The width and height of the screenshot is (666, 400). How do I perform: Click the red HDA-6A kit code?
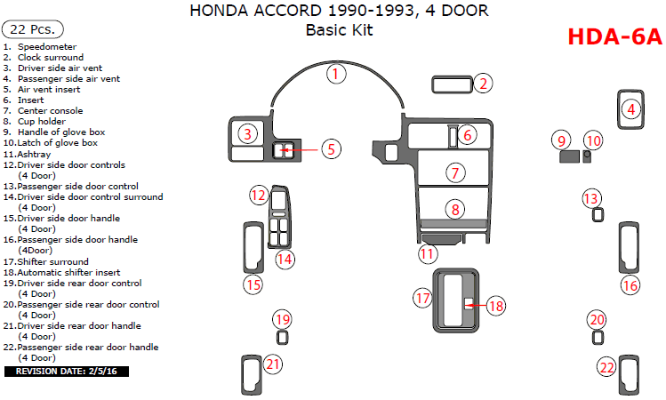(x=614, y=36)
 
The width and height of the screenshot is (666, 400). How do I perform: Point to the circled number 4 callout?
(x=631, y=109)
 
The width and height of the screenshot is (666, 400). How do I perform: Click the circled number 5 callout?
(x=331, y=148)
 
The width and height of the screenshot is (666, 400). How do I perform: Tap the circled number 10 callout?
(x=593, y=140)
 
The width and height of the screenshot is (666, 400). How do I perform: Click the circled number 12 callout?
(x=258, y=195)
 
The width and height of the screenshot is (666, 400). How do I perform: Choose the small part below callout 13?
(x=598, y=214)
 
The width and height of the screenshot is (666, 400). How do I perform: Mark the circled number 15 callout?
(x=253, y=284)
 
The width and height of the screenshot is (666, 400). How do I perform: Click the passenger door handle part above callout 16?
(x=630, y=250)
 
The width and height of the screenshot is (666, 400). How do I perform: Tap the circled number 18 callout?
(x=495, y=306)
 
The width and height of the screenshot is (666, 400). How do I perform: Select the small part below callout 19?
(x=283, y=338)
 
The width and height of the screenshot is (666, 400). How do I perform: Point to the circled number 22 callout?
(x=607, y=366)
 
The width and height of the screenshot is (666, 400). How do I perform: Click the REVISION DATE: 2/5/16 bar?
(x=67, y=371)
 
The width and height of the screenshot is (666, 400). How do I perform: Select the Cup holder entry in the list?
(x=41, y=122)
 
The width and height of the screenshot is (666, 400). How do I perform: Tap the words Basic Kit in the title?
(x=339, y=29)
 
